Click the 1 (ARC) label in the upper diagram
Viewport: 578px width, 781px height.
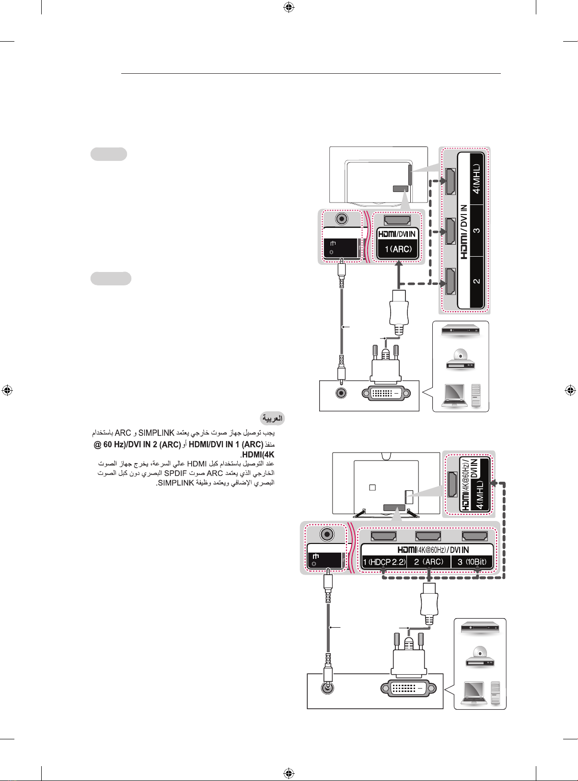tap(398, 249)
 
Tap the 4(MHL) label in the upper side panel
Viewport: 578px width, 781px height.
tap(476, 179)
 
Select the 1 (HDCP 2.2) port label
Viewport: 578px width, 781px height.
tap(384, 562)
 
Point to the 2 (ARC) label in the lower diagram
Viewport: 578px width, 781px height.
tap(428, 562)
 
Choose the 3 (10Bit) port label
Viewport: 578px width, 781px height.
tap(472, 562)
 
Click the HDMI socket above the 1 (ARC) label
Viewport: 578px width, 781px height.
tap(397, 220)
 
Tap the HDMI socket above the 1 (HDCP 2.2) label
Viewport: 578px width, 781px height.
tap(383, 536)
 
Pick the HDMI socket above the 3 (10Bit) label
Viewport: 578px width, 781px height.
tap(475, 536)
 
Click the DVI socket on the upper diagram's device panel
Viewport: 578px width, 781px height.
tap(386, 393)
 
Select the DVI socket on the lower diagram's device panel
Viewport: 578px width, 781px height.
tap(408, 688)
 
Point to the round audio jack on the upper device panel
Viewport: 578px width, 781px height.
tap(341, 393)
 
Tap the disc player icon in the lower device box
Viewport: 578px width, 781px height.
tap(479, 656)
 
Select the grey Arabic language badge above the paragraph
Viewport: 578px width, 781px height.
tap(272, 419)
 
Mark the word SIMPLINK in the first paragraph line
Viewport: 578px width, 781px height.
tap(157, 433)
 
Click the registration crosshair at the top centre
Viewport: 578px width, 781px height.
tap(289, 7)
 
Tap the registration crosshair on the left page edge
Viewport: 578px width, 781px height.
tap(7, 391)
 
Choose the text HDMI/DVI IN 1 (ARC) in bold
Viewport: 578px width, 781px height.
tap(226, 444)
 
